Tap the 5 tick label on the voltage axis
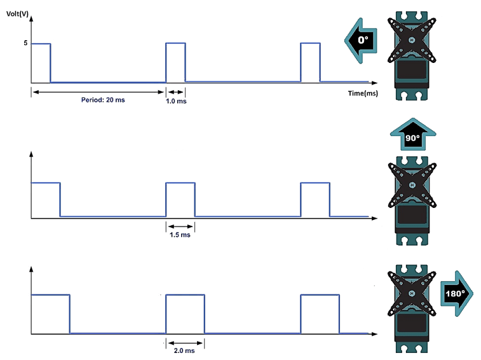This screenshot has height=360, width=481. click(25, 43)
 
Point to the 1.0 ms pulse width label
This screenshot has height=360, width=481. click(176, 102)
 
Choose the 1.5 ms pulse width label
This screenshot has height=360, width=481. click(180, 235)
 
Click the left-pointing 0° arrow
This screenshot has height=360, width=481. click(362, 41)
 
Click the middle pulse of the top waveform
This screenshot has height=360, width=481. click(175, 62)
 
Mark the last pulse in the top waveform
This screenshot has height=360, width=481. click(310, 62)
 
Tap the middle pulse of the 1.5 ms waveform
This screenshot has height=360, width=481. click(180, 200)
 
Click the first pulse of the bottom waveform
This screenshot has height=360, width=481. click(50, 314)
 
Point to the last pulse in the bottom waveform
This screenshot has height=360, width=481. click(320, 314)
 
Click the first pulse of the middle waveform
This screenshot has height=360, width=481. click(45, 200)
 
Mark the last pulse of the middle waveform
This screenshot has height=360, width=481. click(315, 200)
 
